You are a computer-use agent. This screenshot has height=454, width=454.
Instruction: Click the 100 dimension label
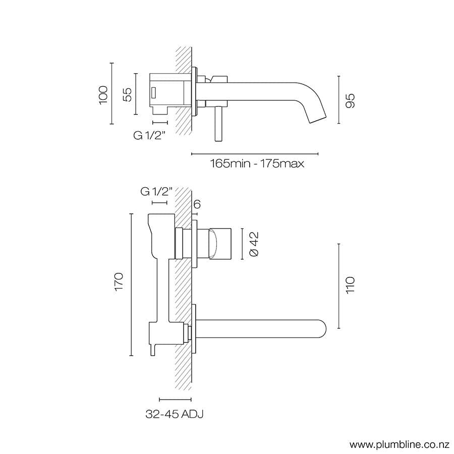pos(104,95)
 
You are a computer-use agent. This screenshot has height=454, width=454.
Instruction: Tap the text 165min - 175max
pos(257,164)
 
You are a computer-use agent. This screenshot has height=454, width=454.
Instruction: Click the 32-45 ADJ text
pos(175,414)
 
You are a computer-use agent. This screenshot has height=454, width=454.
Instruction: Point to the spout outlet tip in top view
pos(318,118)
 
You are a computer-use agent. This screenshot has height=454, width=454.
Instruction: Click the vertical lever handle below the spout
pos(218,124)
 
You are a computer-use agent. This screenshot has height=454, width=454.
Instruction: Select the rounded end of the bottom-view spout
pos(322,328)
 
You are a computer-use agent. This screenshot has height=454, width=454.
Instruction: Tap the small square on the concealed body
pos(153,93)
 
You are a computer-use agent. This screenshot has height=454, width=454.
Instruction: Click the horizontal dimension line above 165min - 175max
pos(255,153)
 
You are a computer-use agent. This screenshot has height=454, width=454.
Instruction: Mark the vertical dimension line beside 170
pos(131,285)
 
